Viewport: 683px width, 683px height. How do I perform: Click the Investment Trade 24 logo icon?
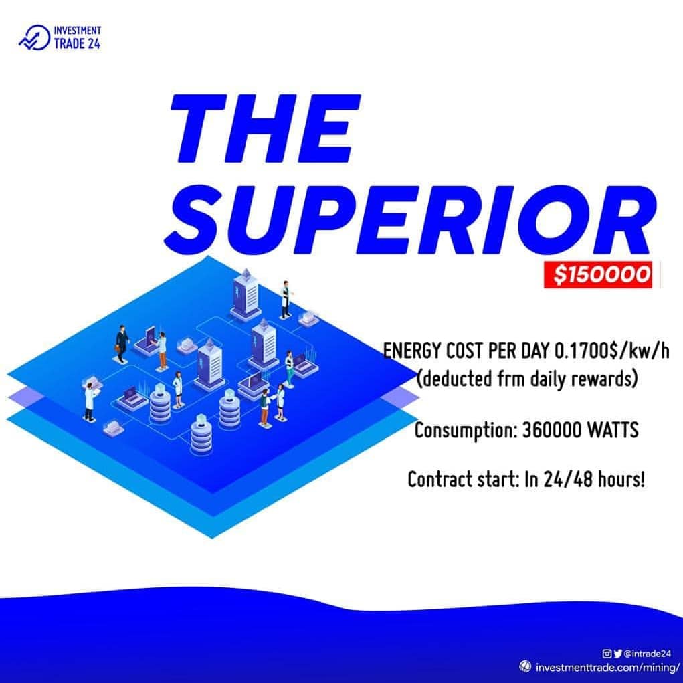tap(34, 38)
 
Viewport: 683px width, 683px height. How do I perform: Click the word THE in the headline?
tap(266, 128)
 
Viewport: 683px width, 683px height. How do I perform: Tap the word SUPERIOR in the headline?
tap(410, 220)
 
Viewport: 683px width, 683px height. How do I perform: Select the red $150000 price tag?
tap(598, 274)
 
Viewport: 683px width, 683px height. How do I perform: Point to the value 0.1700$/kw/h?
tap(612, 351)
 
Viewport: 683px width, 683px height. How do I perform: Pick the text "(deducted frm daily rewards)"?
tap(527, 379)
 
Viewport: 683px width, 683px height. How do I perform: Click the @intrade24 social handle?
tap(648, 654)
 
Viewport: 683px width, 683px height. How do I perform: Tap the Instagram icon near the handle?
tap(607, 654)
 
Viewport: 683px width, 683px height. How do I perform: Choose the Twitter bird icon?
tap(617, 654)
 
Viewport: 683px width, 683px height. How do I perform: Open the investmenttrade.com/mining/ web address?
tap(607, 668)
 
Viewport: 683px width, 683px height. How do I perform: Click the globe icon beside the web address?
tap(525, 666)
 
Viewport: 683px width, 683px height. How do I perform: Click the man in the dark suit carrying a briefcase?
tap(122, 344)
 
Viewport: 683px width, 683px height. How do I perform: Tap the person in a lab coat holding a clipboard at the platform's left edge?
tap(90, 401)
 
